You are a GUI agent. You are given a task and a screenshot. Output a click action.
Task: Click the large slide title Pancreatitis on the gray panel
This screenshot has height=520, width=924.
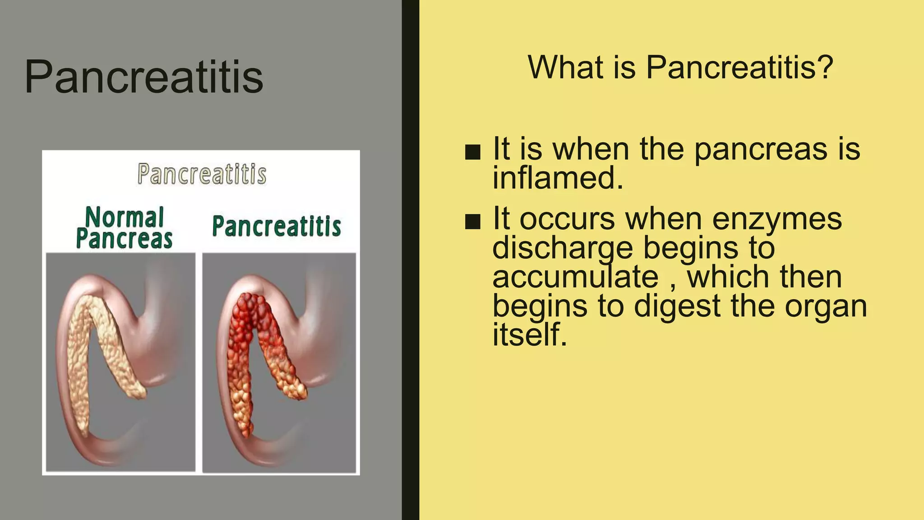coord(143,77)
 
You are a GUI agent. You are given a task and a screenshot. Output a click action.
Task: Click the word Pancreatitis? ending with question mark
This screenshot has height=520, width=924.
coord(739,68)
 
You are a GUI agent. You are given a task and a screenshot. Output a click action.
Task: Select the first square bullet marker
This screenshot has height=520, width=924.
coord(472,152)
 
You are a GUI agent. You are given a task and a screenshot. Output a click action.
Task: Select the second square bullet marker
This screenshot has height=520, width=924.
coord(472,222)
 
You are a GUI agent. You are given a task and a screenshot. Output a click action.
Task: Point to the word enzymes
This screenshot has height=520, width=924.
coord(777,220)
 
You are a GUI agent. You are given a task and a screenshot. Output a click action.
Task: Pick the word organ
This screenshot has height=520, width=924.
coord(826,307)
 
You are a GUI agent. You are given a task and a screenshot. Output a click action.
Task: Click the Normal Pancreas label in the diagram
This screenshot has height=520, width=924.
coord(124,228)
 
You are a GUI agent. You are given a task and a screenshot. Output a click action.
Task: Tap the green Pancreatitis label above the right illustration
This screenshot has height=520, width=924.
coord(276,226)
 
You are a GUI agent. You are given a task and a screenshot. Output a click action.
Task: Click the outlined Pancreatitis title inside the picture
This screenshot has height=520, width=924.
coord(202,174)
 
